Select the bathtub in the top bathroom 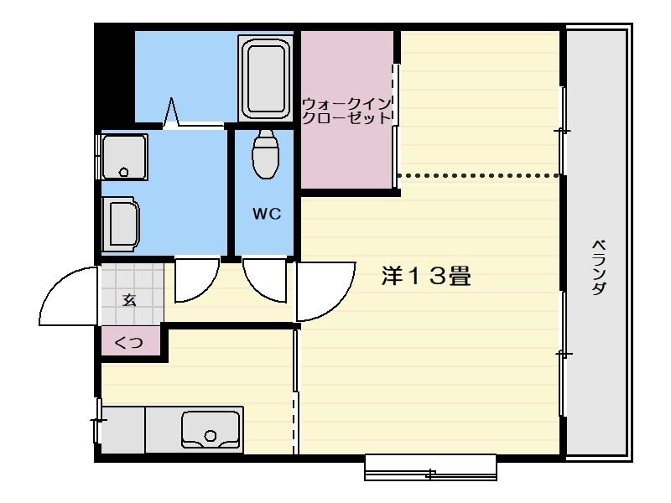tap(266, 78)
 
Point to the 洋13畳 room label tap(426, 277)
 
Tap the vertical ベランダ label tap(599, 266)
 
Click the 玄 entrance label tap(130, 300)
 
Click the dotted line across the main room tap(478, 175)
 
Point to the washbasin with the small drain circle tap(124, 158)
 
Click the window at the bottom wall tap(431, 468)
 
